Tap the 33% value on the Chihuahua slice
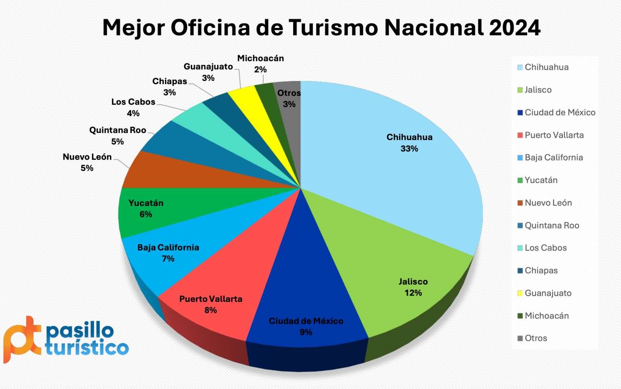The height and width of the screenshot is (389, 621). [409, 149]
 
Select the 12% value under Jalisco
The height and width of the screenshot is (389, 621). [413, 293]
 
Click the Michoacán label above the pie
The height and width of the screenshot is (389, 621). [260, 58]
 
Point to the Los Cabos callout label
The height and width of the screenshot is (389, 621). [133, 102]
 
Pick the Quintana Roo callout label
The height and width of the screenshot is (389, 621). [117, 130]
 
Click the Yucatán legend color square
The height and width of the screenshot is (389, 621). [520, 181]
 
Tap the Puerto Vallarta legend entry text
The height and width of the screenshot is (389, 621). [554, 135]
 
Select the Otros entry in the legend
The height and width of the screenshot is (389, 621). [536, 338]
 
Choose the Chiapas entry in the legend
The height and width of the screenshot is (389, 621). [541, 270]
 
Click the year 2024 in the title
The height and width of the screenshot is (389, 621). [514, 28]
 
